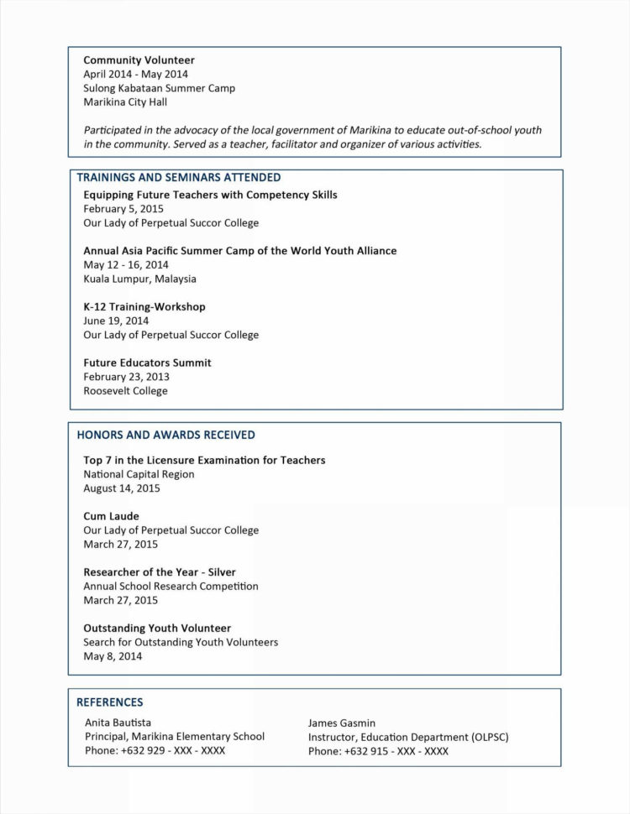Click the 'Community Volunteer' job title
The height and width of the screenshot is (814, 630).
[139, 60]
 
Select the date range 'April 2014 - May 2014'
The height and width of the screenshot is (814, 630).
[135, 74]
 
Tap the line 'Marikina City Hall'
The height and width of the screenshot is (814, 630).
[125, 102]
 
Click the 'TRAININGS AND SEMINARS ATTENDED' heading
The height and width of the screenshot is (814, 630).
[179, 178]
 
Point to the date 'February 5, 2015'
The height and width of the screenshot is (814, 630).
[123, 209]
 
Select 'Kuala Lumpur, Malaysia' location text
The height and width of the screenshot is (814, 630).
[139, 279]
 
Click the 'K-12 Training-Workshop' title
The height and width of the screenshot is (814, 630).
[144, 307]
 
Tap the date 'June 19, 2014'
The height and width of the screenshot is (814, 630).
[116, 321]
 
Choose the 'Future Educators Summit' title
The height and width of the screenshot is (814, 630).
[147, 363]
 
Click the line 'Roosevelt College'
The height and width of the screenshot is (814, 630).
[125, 391]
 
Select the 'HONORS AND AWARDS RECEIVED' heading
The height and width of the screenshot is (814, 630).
[166, 435]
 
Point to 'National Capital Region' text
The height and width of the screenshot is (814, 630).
[139, 474]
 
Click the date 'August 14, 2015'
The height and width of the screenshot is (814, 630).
[122, 488]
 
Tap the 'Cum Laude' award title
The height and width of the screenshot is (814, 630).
[111, 516]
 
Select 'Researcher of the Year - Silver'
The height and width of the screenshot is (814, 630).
[160, 572]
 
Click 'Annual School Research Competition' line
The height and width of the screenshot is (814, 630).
[171, 587]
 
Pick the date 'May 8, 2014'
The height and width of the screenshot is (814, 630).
[113, 656]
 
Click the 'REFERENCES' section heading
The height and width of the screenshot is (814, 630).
[110, 702]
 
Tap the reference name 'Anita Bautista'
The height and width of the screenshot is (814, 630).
[118, 723]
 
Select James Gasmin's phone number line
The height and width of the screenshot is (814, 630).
[378, 751]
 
